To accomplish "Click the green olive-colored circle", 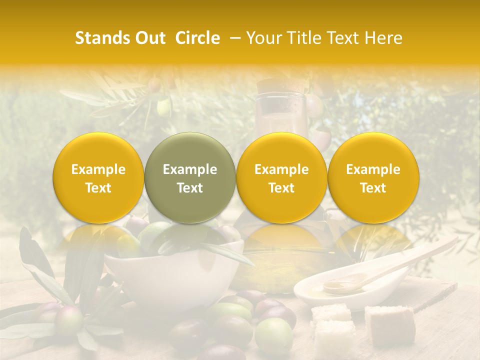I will pyautogui.click(x=190, y=178).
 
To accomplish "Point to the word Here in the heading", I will pyautogui.click(x=384, y=38).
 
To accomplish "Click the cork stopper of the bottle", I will pyautogui.click(x=280, y=85).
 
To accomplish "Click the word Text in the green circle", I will pyautogui.click(x=190, y=188).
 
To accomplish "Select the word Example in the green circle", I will pyautogui.click(x=190, y=169).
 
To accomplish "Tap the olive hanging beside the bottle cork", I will pyautogui.click(x=314, y=105).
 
